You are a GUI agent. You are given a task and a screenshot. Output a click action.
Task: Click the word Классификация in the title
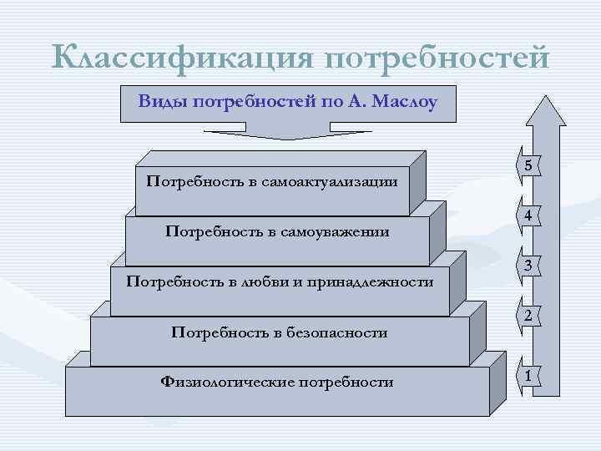[x=181, y=58]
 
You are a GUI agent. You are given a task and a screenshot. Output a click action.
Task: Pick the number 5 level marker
[x=529, y=166]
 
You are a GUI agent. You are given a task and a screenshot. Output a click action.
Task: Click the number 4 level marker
[x=529, y=215]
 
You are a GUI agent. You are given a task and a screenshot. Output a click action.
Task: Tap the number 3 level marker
[x=529, y=266]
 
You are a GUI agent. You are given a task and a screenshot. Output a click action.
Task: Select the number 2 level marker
[x=529, y=316]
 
